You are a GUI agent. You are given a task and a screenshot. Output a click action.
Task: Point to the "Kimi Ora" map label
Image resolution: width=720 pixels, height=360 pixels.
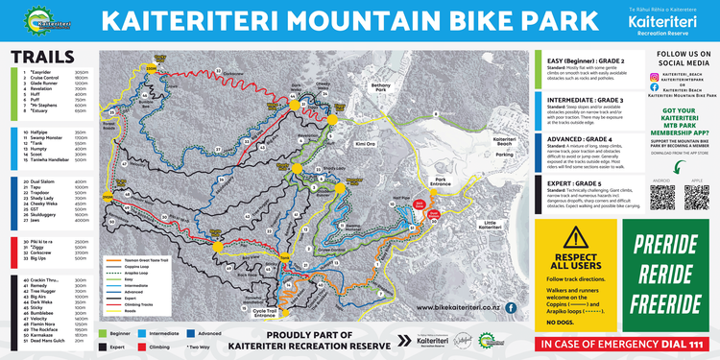365,143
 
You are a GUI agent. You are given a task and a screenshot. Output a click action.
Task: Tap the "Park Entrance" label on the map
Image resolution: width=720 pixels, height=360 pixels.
442,180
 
